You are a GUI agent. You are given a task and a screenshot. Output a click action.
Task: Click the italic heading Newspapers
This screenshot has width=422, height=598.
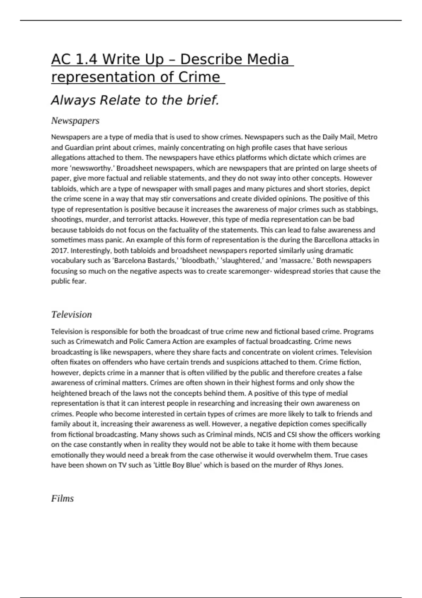tap(75, 121)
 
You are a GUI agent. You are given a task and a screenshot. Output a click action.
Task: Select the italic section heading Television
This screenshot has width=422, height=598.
tap(71, 314)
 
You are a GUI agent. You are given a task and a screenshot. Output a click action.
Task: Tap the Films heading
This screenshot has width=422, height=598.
tap(62, 498)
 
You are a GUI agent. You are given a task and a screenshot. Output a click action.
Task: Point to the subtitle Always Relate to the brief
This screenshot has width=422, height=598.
tap(135, 101)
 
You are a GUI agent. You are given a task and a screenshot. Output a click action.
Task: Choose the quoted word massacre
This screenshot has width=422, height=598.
tap(296, 261)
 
